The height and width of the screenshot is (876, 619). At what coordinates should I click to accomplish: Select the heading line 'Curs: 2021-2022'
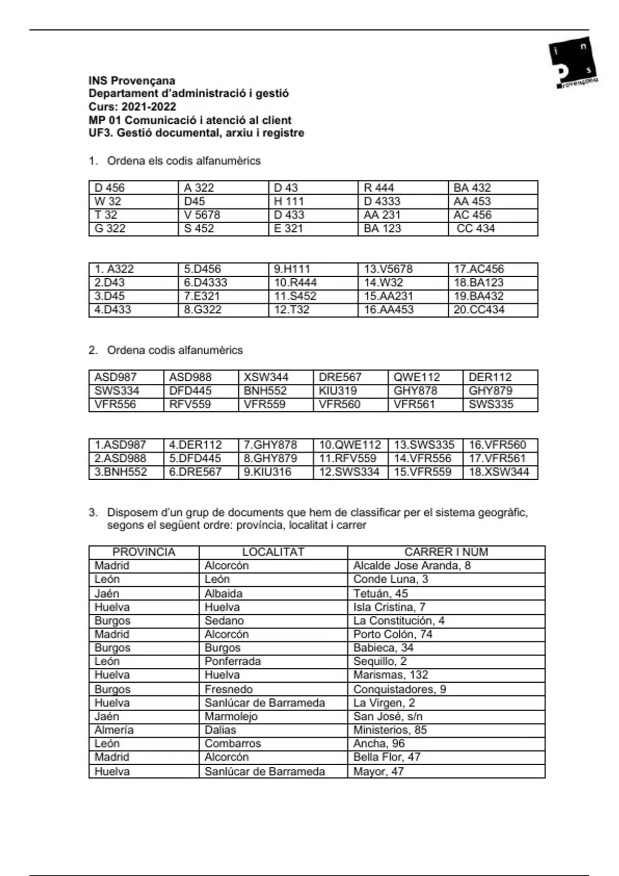pos(132,107)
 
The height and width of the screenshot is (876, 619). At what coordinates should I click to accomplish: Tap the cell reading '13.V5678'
pos(388,269)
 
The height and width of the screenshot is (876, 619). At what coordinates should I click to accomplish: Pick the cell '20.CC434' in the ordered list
pos(479,310)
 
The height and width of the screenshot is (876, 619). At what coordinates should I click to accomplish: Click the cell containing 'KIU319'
pos(338,391)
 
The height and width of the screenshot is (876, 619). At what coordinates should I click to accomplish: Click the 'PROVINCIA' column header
pos(144,552)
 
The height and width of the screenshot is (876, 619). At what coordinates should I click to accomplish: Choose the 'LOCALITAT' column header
pos(273,552)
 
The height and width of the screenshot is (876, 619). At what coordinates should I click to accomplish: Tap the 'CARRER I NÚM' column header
pos(446,552)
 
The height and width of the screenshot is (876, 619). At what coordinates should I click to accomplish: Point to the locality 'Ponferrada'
pos(233,661)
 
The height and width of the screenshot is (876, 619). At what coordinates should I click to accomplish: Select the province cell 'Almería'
pos(114,730)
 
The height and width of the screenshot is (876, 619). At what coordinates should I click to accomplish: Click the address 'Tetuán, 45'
pos(380,593)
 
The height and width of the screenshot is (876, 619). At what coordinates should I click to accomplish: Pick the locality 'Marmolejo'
pos(231,716)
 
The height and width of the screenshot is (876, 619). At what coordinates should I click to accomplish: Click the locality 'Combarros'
pos(233,744)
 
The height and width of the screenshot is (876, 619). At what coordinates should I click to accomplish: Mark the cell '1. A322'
pos(114,269)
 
